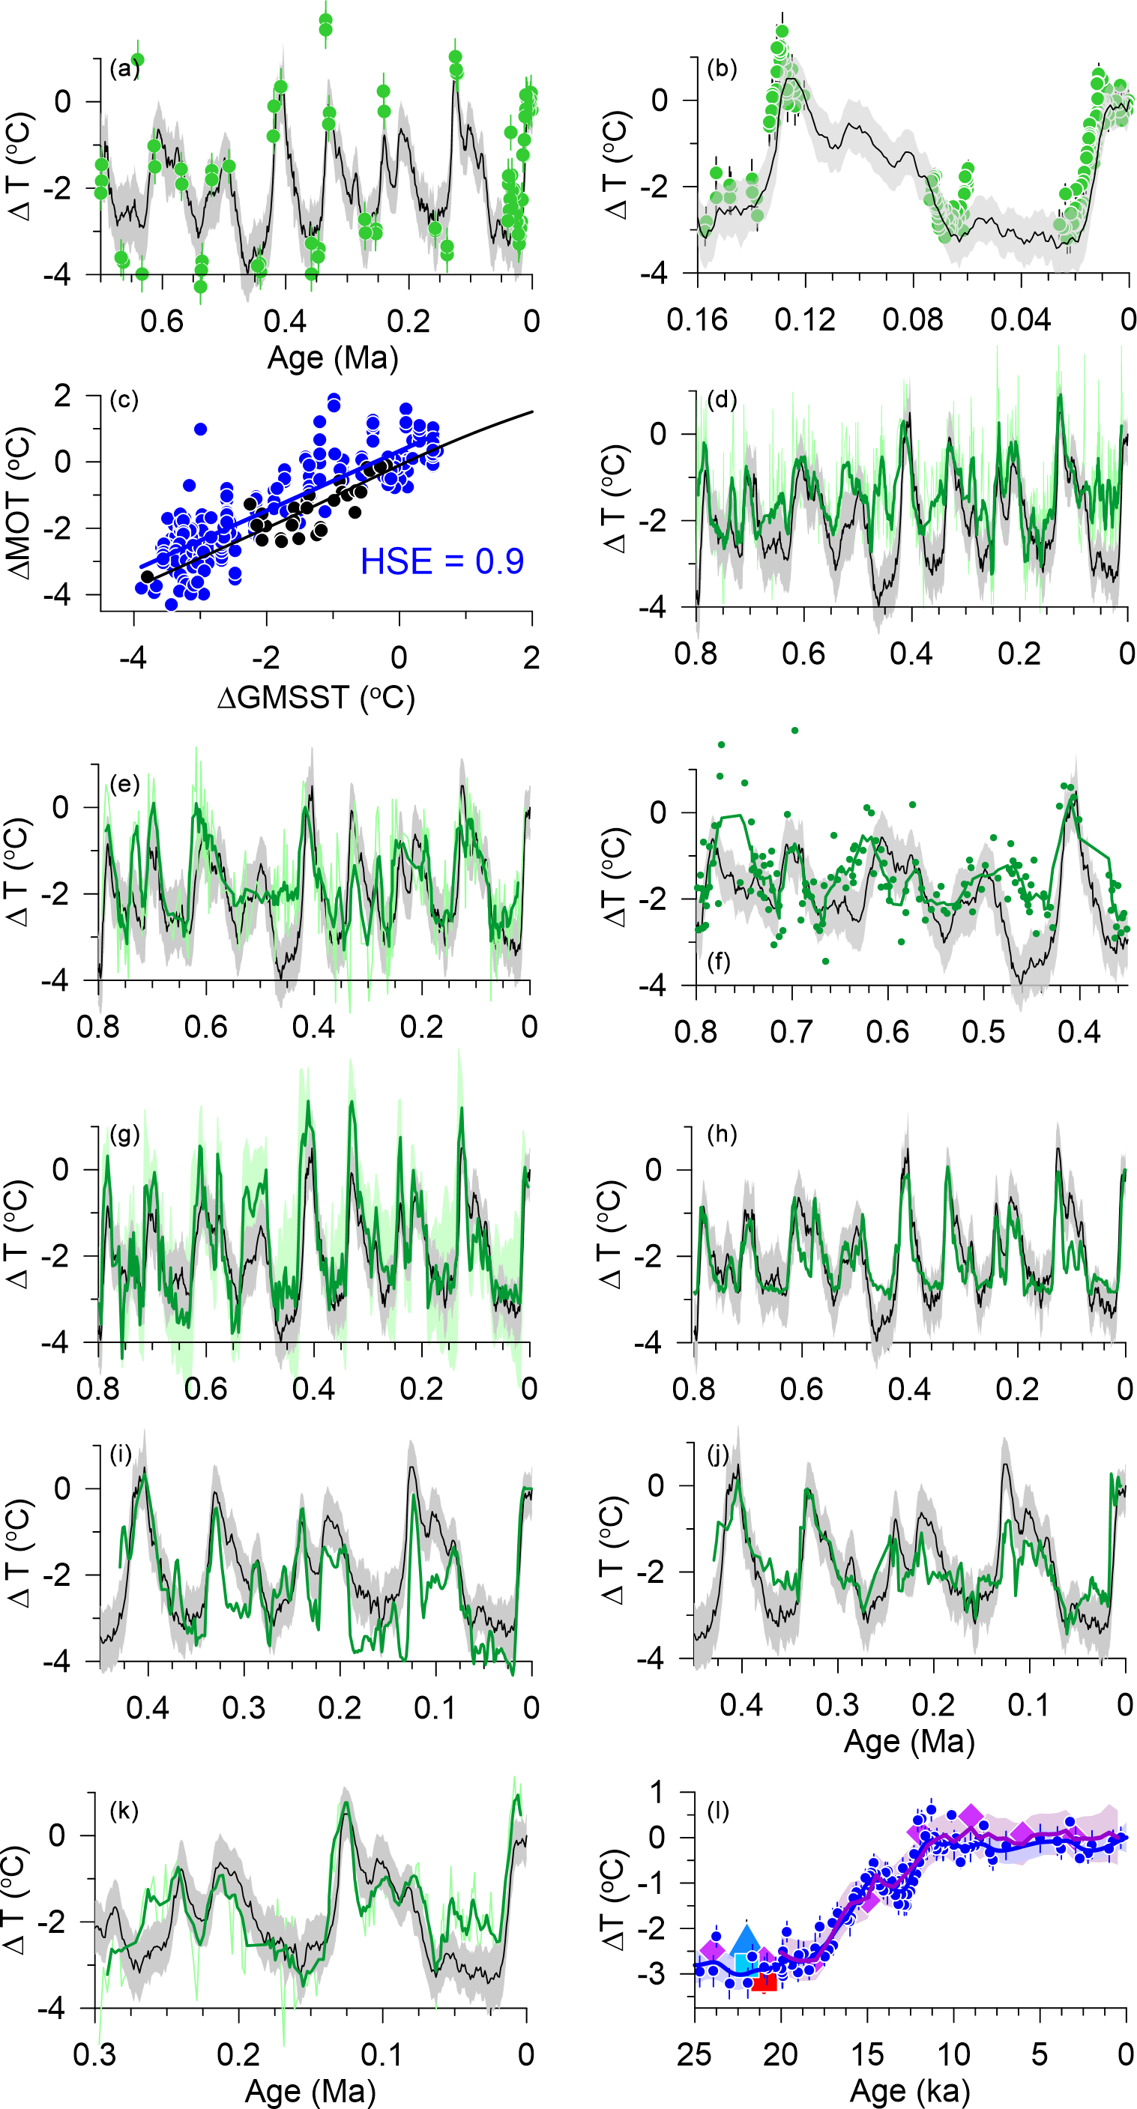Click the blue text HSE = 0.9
[442, 561]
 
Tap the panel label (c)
[124, 399]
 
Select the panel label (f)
[719, 960]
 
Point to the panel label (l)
[718, 1811]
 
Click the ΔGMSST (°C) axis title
[316, 698]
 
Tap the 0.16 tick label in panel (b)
[698, 319]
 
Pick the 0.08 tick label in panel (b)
[913, 319]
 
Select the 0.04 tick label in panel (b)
[1021, 319]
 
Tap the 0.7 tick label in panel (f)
[791, 1031]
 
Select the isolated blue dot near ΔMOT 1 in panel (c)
[201, 429]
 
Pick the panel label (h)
[721, 1135]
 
